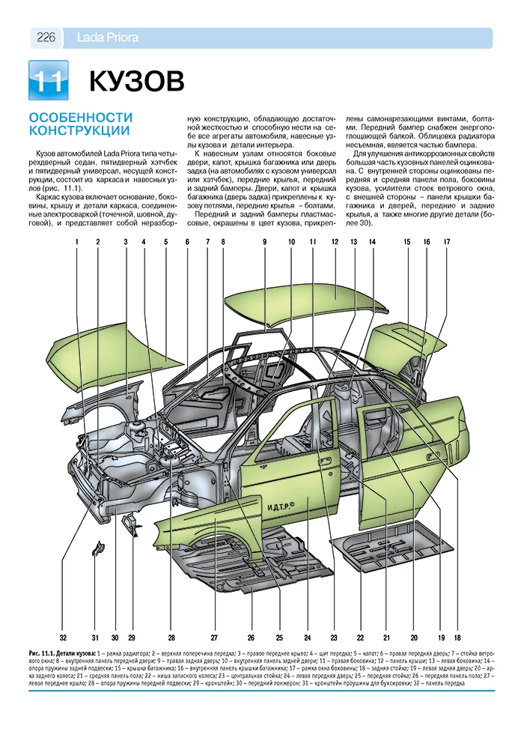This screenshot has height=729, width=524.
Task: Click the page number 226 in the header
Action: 46,38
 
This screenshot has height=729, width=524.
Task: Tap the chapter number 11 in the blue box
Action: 47,81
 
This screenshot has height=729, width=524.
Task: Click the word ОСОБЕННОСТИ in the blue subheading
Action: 80,118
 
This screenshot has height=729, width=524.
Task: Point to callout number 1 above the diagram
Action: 76,242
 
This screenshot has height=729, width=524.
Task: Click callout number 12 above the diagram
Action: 335,242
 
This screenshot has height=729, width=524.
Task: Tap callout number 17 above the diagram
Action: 446,242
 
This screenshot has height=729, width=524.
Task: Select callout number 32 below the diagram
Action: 64,638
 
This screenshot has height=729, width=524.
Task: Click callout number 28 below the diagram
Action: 171,638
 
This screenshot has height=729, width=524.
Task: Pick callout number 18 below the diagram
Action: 457,638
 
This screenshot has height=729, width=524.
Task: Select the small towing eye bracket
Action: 97,550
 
